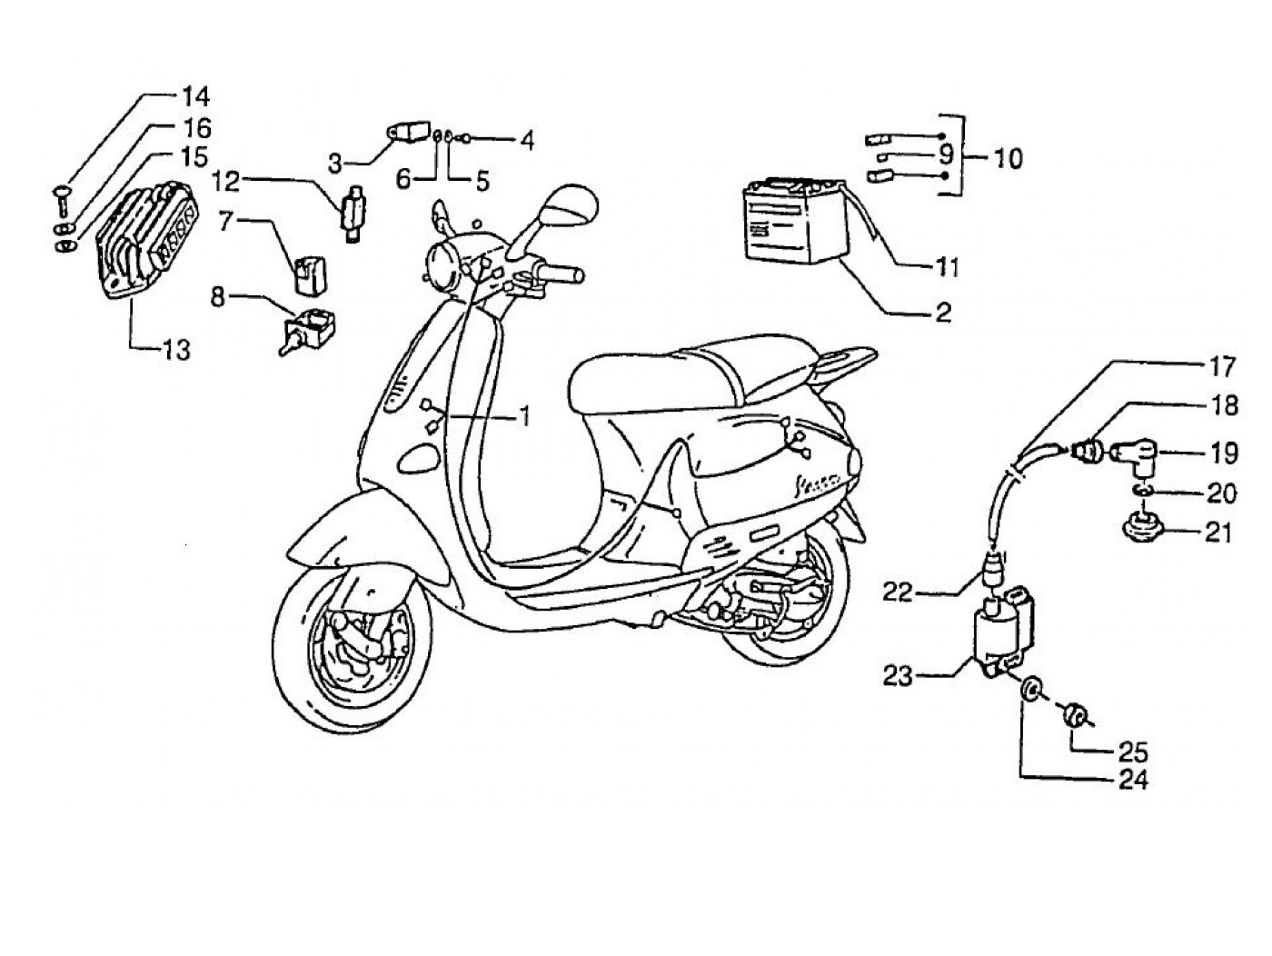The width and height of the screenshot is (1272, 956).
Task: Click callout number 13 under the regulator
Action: (176, 348)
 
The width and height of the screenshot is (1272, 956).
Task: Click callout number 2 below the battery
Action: (943, 314)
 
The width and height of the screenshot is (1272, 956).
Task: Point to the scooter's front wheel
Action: (351, 646)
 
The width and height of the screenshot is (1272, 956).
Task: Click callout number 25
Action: (1134, 752)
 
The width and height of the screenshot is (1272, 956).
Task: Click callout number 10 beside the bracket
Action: (1002, 158)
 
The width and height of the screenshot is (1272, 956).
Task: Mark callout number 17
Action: (1222, 367)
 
